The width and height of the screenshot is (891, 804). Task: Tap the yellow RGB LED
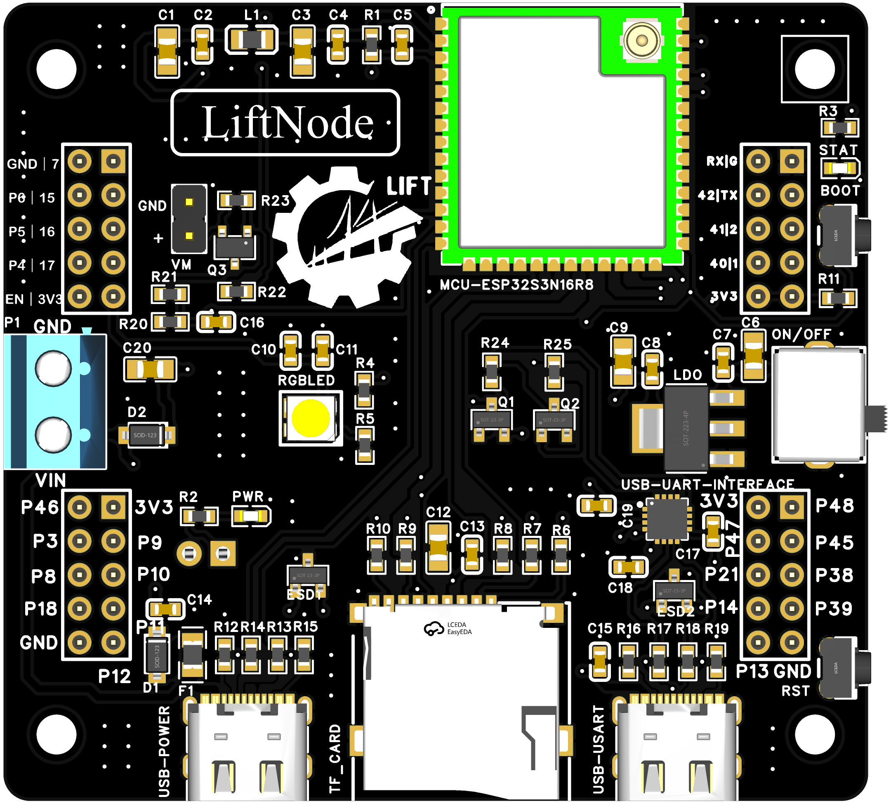click(x=311, y=418)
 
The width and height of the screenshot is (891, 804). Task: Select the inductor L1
click(x=251, y=40)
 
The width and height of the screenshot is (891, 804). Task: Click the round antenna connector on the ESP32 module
click(x=641, y=41)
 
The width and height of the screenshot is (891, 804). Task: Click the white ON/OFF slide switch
click(x=818, y=405)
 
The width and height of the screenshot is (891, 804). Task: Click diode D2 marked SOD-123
click(x=146, y=435)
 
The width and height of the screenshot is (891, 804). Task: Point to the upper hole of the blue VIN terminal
click(x=54, y=368)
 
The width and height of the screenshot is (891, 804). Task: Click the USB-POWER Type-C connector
click(x=247, y=749)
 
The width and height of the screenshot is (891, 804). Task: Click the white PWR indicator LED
click(x=251, y=516)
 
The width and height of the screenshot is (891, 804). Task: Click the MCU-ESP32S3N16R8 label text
click(x=516, y=285)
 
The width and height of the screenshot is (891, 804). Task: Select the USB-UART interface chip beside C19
click(x=667, y=519)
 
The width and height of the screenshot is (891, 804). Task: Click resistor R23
click(x=236, y=200)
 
